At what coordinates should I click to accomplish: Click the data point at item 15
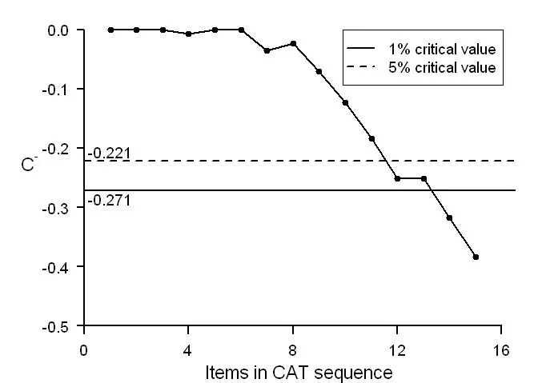[476, 257]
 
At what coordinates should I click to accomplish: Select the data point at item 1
[110, 30]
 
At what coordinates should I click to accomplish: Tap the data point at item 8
[293, 43]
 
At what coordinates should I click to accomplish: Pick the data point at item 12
[397, 178]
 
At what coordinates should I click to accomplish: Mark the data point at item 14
[449, 217]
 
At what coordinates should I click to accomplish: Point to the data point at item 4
[188, 34]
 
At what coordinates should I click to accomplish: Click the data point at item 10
[345, 102]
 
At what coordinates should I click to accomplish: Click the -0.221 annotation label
[109, 153]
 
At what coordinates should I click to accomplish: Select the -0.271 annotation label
[109, 199]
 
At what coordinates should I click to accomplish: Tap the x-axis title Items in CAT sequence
[299, 372]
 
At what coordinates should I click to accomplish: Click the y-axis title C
[28, 166]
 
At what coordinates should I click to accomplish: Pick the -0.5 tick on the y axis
[60, 326]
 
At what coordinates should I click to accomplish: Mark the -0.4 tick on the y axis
[60, 267]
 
